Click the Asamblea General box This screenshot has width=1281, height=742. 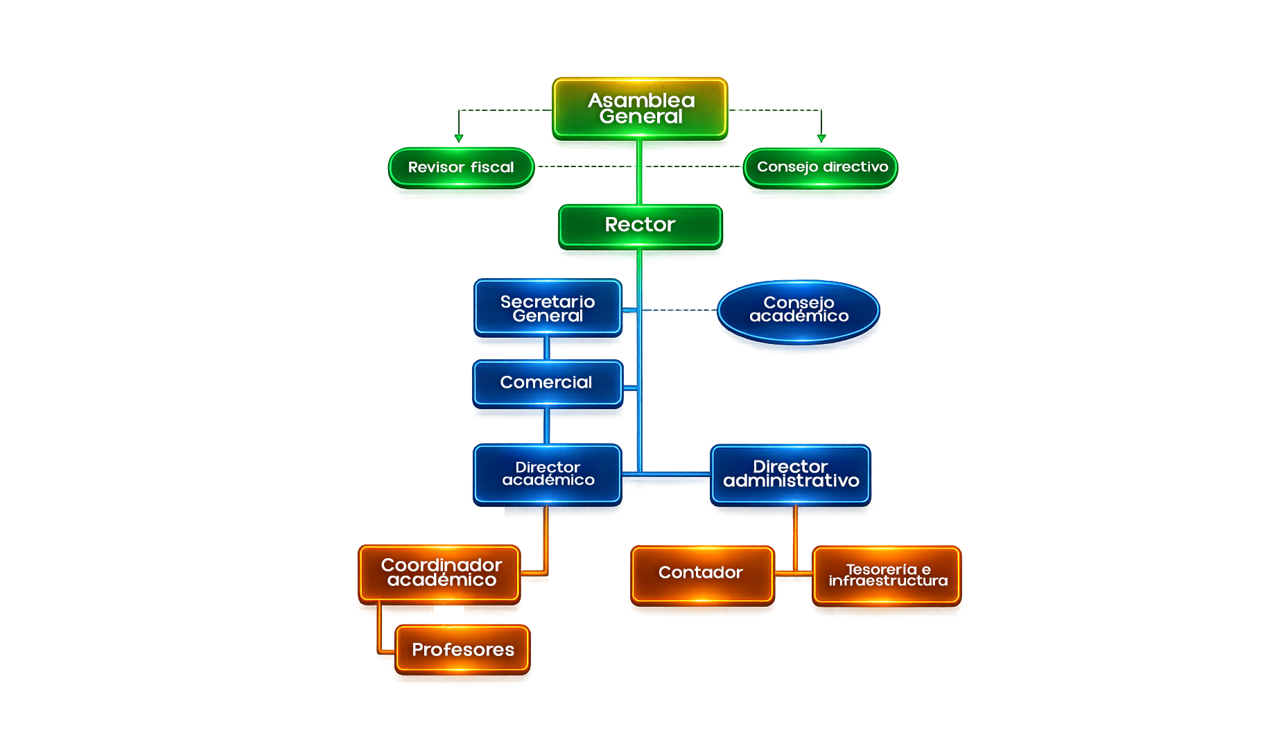coord(640,108)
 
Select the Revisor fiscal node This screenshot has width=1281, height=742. coord(461,167)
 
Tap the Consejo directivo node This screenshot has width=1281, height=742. coord(821,167)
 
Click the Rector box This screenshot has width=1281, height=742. coord(640,226)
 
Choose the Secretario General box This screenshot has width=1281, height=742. coord(548,308)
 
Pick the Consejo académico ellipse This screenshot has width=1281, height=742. coord(799,311)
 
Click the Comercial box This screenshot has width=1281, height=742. coord(548,383)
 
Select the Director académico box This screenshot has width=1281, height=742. coord(548,474)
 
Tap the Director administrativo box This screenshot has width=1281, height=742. coord(790,474)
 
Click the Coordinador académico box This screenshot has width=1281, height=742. coord(439,574)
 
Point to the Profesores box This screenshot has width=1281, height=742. coord(462,650)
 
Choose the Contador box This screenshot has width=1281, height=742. coord(702,575)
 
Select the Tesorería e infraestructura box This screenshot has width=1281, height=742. coord(887,576)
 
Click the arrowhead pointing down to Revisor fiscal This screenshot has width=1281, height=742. coord(458,139)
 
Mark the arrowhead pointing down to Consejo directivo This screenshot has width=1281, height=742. coord(821,139)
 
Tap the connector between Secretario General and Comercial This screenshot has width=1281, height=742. coord(547,348)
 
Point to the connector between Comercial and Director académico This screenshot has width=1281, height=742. coord(547,426)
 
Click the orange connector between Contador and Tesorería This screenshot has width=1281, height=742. coord(793,573)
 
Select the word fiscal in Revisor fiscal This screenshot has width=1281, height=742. coord(492,167)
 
